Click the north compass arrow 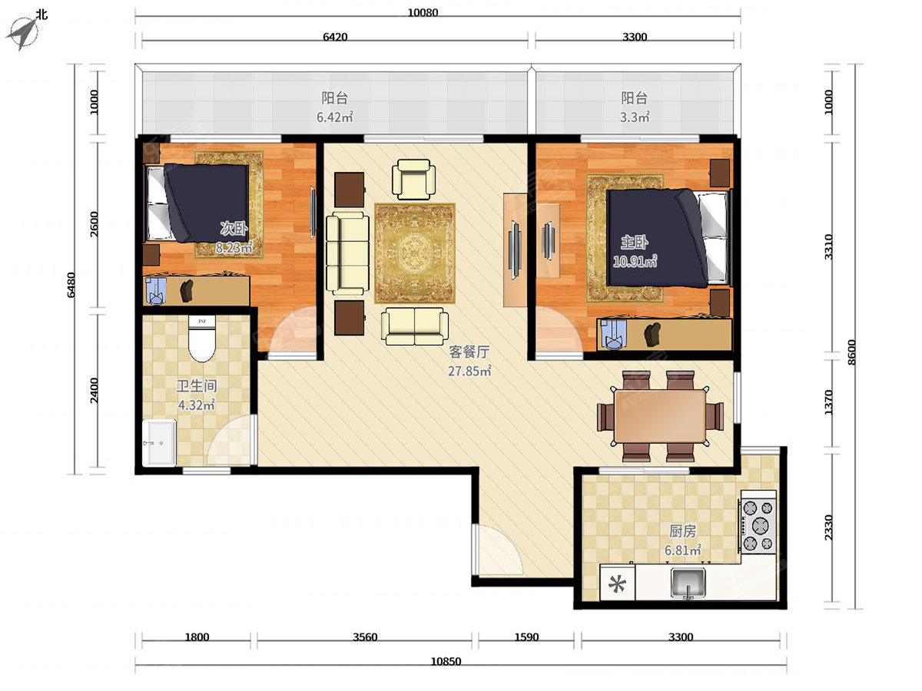pos(23,33)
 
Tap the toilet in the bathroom pos(201,339)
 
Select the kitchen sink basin pos(688,582)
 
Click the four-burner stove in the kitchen pos(758,521)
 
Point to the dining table pos(660,416)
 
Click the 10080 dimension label pos(423,12)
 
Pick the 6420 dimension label pos(335,37)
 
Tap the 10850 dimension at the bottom pos(446,661)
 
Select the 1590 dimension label pos(526,637)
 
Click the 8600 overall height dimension pos(851,352)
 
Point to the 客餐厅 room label pos(469,352)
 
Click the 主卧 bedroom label pos(635,242)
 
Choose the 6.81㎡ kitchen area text pos(682,550)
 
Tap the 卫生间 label pos(197,386)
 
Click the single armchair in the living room pos(413,179)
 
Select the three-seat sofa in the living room pos(348,253)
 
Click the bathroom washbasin pos(159,443)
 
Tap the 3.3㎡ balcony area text pos(635,117)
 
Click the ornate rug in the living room pos(415,253)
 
